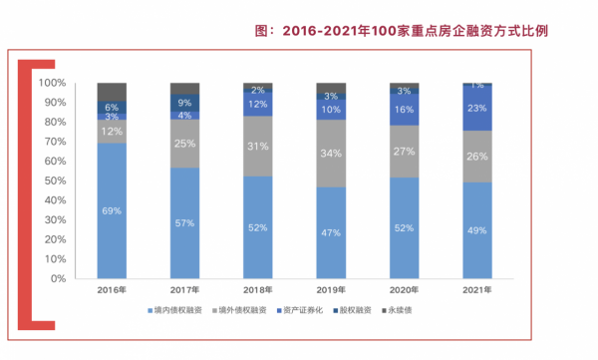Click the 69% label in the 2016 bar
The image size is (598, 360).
(x=112, y=211)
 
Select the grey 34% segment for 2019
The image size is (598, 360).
(x=331, y=154)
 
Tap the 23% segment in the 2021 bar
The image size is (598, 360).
(x=476, y=108)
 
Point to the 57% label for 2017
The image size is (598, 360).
(x=184, y=222)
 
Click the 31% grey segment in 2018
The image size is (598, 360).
(x=258, y=147)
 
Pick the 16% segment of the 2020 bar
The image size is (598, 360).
(x=404, y=110)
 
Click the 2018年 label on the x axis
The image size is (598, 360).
(x=258, y=290)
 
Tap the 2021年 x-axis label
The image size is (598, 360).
(x=476, y=290)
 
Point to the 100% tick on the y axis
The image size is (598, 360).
(x=52, y=83)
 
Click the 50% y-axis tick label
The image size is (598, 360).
(x=55, y=180)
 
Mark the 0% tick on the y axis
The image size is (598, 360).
(x=58, y=278)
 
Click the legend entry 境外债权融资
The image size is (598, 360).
(x=244, y=310)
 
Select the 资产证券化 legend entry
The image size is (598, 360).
(x=310, y=310)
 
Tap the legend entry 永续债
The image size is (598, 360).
(x=423, y=310)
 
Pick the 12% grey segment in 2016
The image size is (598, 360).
(x=112, y=132)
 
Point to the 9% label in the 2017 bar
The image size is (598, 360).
(x=184, y=103)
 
